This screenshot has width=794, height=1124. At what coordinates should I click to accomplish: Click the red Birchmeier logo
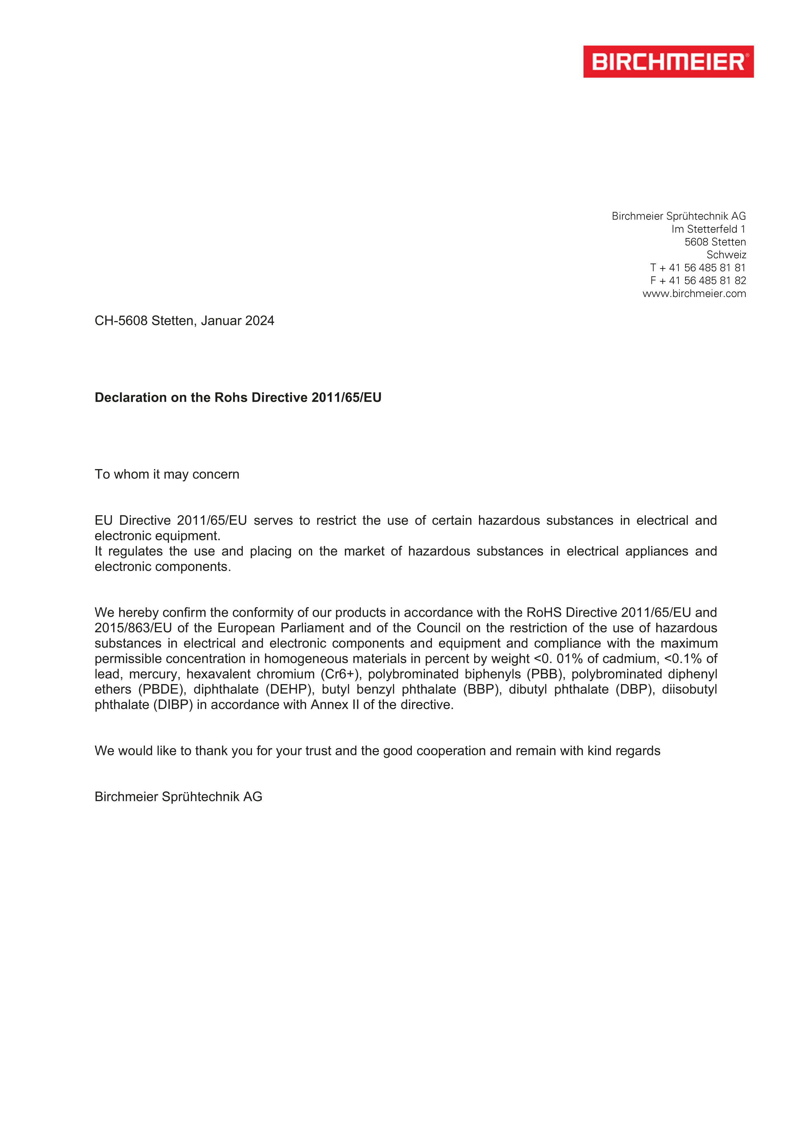[668, 62]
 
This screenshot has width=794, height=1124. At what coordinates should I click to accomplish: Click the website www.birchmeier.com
[694, 294]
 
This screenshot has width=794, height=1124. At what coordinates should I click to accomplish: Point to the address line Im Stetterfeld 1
[709, 229]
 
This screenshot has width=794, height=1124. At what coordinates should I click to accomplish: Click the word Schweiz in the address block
[726, 254]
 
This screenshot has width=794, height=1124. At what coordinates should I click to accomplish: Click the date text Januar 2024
[238, 321]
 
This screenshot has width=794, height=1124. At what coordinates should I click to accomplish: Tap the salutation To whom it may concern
[167, 475]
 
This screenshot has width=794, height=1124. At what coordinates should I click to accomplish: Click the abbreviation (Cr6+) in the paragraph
[341, 674]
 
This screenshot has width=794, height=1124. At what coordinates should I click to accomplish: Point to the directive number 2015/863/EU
[133, 628]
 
